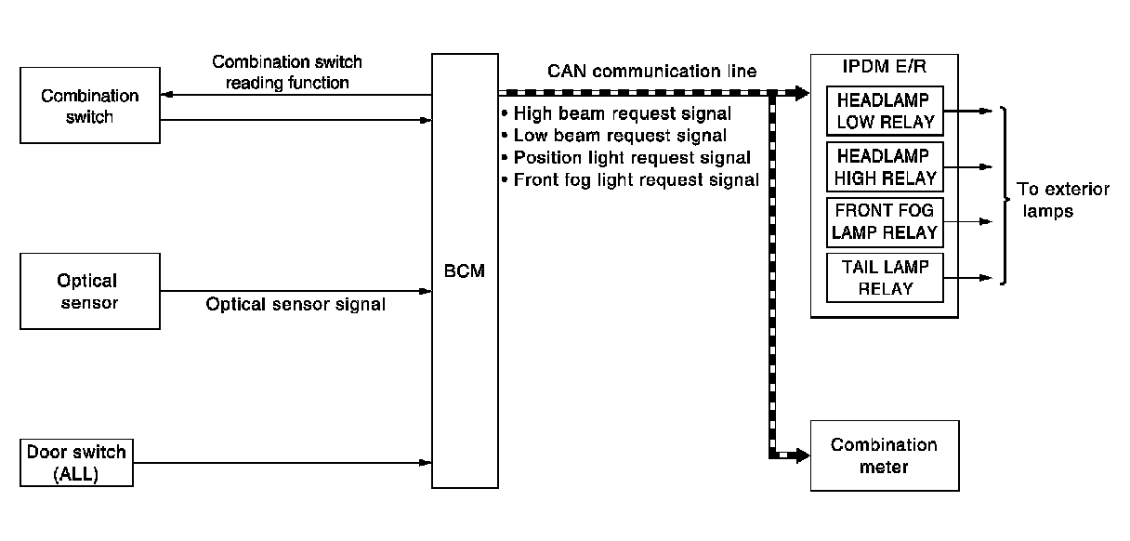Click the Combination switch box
[89, 107]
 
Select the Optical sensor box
[89, 291]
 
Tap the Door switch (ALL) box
[76, 463]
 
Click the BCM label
[465, 273]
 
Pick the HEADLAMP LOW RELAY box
[885, 110]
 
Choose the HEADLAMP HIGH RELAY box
[885, 165]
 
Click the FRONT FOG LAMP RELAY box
[885, 221]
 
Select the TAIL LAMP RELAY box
[885, 277]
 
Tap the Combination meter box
[884, 455]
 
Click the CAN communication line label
[651, 72]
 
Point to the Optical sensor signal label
[296, 304]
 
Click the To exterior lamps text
[1050, 200]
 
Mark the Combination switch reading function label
[287, 73]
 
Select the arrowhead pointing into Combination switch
[165, 95]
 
